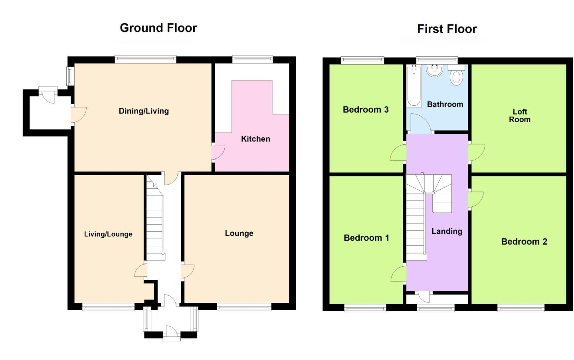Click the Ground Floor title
(x=158, y=28)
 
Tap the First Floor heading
(x=447, y=29)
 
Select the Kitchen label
(x=255, y=139)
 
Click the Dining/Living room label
(x=144, y=111)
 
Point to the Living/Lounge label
(x=108, y=234)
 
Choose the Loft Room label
(x=519, y=115)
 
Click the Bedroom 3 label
(x=366, y=110)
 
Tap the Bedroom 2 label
(x=524, y=241)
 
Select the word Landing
(x=447, y=231)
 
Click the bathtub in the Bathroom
(x=414, y=86)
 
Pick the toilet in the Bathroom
(x=456, y=76)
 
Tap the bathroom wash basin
(x=434, y=70)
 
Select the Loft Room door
(x=477, y=152)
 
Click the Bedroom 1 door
(x=398, y=274)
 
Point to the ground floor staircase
(x=155, y=224)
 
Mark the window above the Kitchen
(x=252, y=59)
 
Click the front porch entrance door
(x=171, y=332)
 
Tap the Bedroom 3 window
(x=362, y=60)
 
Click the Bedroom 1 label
(x=366, y=238)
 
